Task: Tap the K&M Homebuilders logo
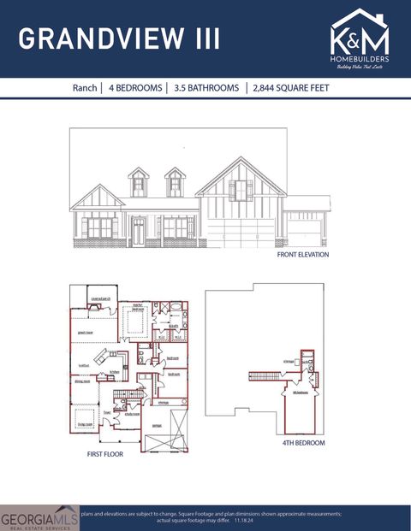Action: [x=360, y=39]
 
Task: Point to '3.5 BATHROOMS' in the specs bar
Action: [x=205, y=88]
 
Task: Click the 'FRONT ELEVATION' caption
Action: [x=302, y=255]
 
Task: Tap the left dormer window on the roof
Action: [x=139, y=183]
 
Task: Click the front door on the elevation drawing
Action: [x=139, y=231]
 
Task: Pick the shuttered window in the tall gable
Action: [x=241, y=190]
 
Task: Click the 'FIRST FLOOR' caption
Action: [x=104, y=454]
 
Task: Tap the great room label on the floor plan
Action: [x=86, y=333]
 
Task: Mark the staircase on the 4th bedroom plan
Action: [x=266, y=375]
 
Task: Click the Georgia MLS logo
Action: [x=39, y=516]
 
